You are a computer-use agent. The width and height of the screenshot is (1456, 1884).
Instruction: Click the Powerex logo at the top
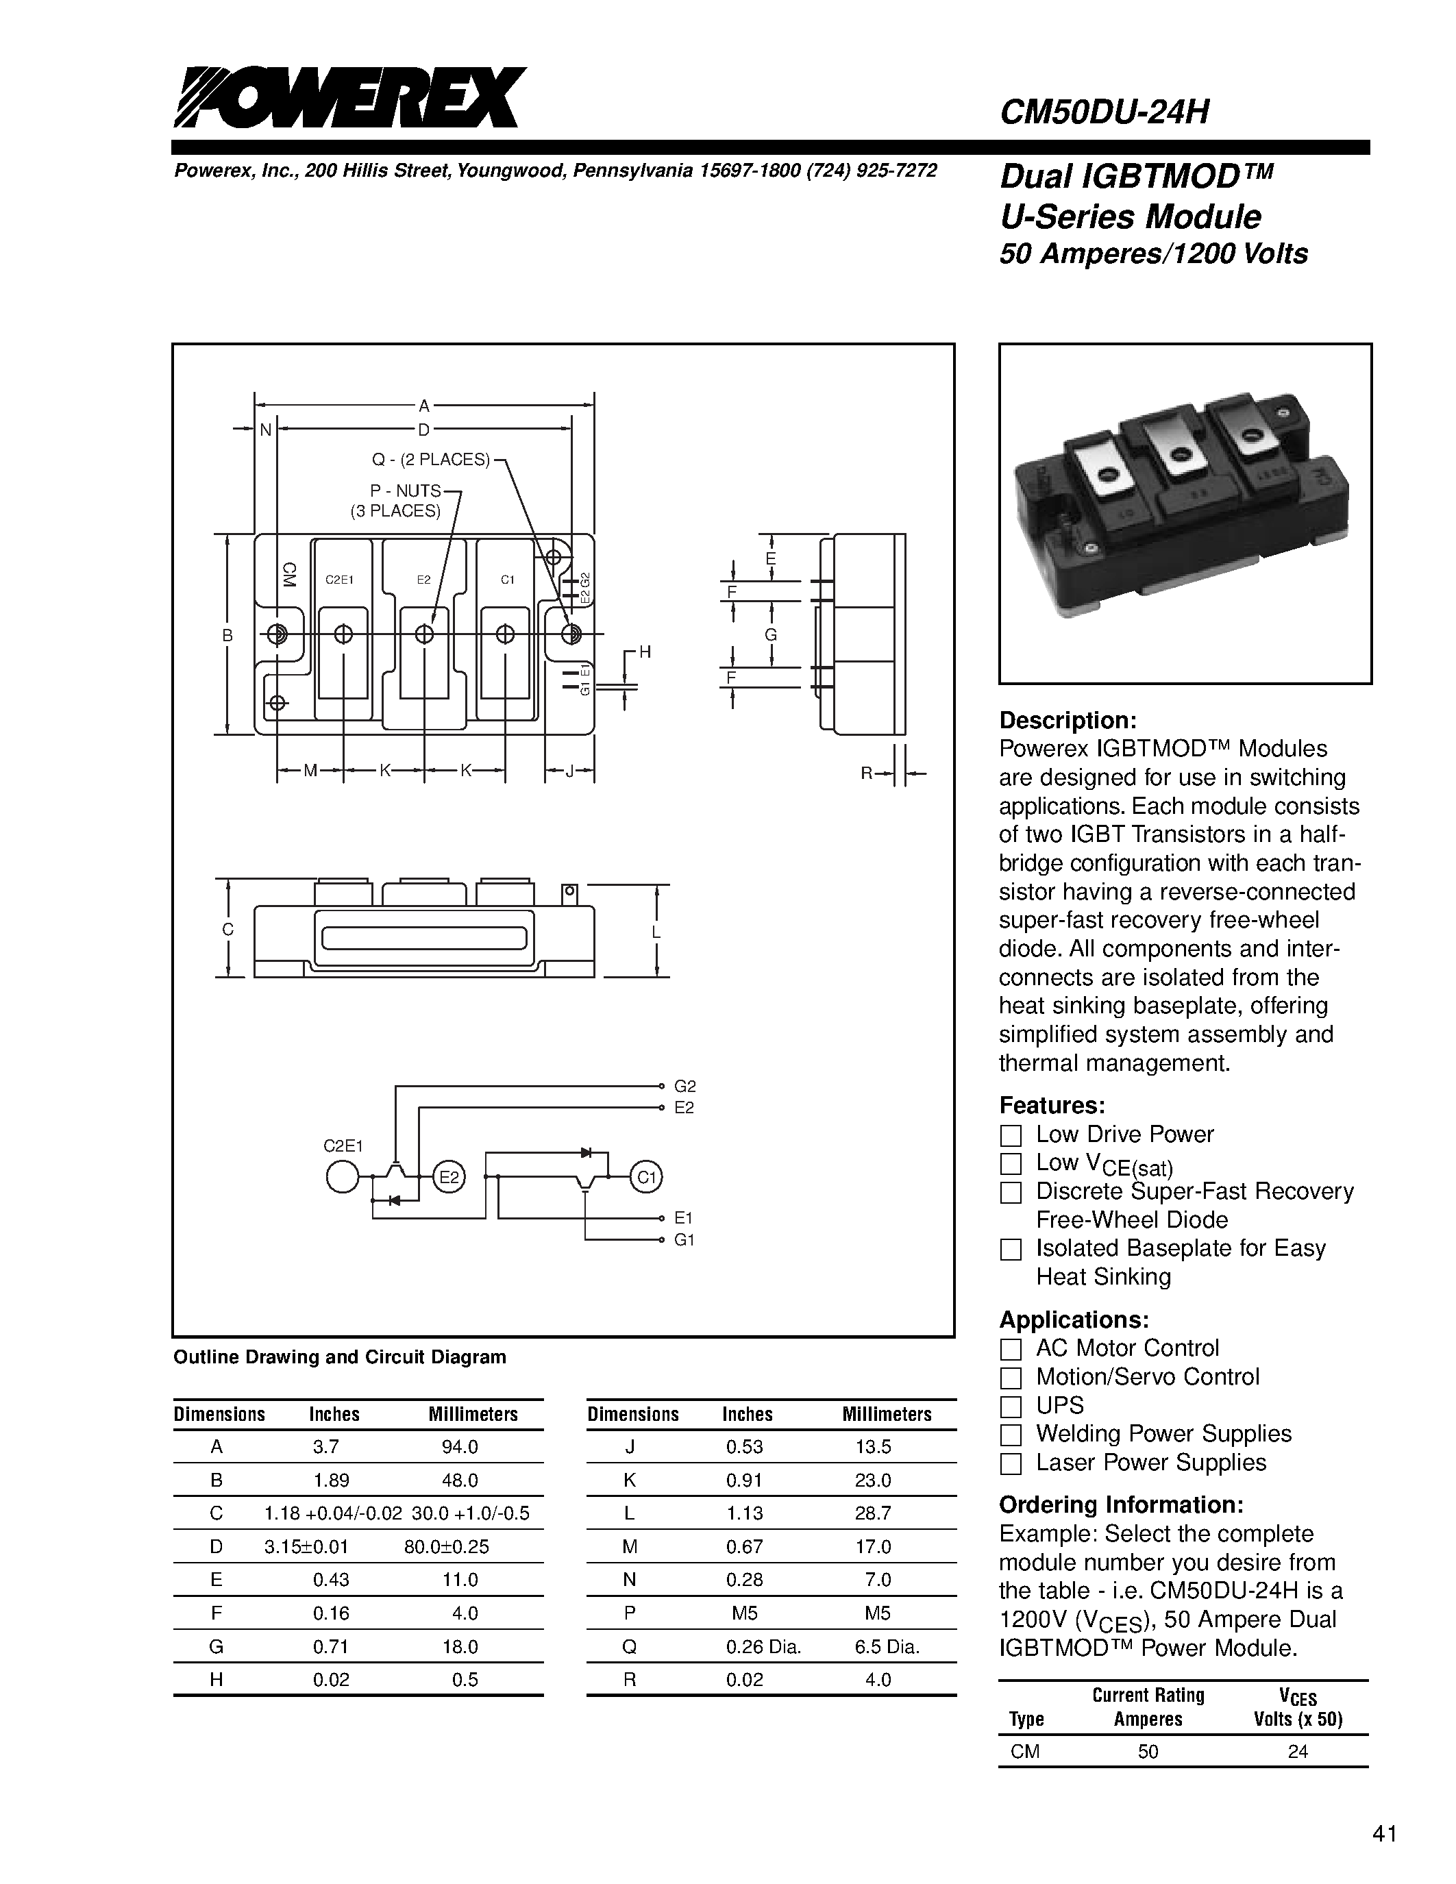(349, 97)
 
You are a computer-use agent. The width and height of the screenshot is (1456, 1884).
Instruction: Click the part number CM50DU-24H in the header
(1104, 112)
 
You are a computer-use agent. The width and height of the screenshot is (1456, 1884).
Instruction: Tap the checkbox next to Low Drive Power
(1010, 1135)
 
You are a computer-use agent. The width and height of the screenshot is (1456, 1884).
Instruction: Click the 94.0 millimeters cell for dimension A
(460, 1447)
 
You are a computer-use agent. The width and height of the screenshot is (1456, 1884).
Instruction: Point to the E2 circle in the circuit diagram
(447, 1178)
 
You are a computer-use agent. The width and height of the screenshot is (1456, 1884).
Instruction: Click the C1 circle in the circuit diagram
(646, 1178)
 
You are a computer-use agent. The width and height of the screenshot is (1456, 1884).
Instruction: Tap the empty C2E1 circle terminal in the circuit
(343, 1178)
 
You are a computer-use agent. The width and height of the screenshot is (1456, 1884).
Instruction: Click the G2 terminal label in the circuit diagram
(685, 1086)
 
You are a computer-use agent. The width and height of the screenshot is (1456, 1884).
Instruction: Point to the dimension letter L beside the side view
(656, 932)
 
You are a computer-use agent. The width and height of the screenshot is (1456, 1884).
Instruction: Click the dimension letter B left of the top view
(227, 636)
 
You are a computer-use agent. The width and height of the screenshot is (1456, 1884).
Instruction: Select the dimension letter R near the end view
(867, 773)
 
